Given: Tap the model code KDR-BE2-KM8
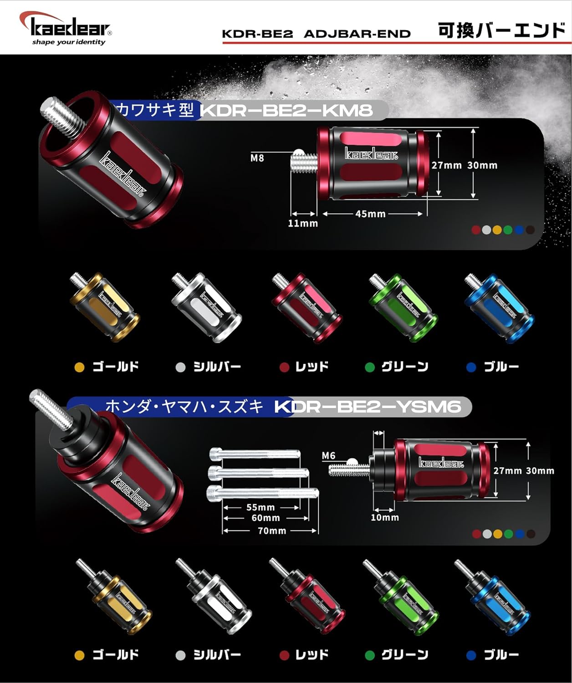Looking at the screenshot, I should [286, 110].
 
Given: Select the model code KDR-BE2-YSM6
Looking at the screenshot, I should [368, 407].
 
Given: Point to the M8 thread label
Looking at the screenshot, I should [257, 158].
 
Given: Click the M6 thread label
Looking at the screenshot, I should [328, 455].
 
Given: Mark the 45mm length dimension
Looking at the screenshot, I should [370, 214].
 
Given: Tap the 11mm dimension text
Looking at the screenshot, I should [303, 224].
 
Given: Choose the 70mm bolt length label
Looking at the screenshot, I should [272, 530].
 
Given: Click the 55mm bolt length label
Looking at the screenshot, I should [260, 507].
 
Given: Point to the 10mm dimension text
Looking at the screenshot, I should [385, 517].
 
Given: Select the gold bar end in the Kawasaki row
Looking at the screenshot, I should [105, 306].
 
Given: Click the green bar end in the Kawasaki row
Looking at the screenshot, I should [403, 307].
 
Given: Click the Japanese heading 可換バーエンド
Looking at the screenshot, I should [501, 31].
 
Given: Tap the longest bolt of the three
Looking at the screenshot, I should [262, 492].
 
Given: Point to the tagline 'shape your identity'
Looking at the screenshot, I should [68, 42].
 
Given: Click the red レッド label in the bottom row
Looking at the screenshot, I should [312, 655].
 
